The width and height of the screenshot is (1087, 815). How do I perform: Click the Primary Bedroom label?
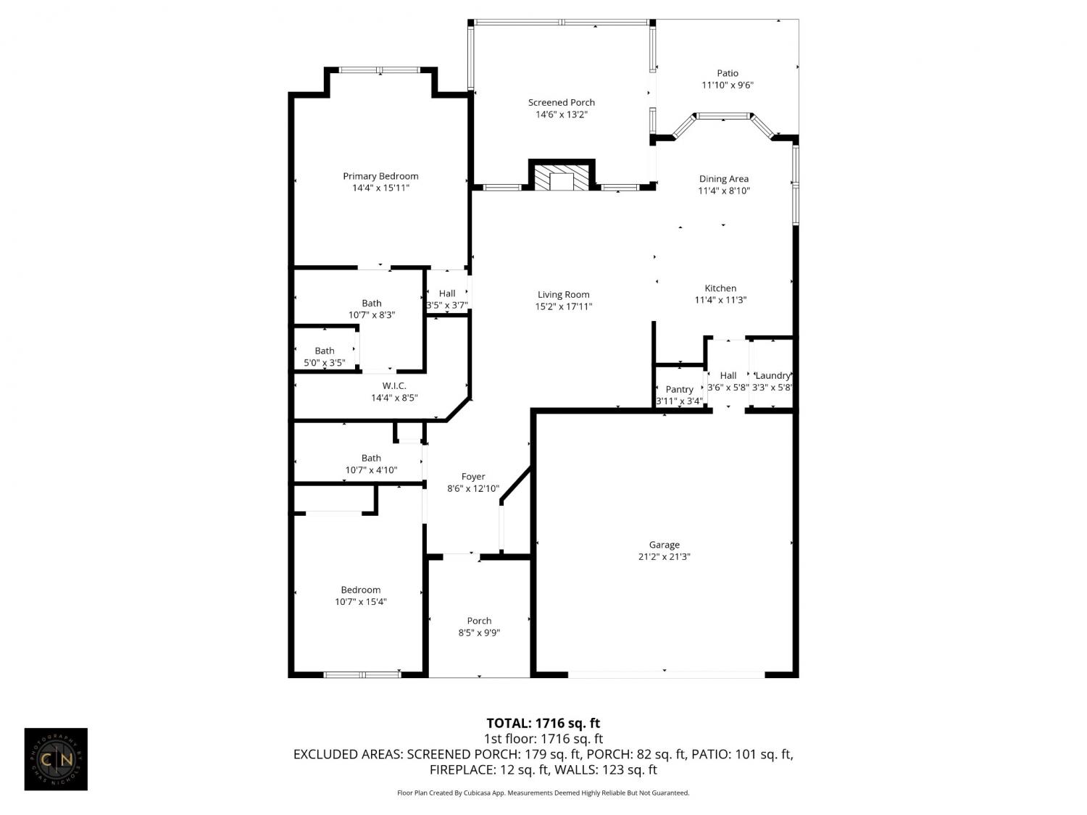coord(380,176)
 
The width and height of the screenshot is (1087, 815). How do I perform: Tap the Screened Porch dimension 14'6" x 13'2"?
coord(561,114)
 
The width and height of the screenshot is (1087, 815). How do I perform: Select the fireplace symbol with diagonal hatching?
coord(562,175)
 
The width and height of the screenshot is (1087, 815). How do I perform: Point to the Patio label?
coord(727,73)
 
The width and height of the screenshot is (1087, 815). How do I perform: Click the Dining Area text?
coord(723,179)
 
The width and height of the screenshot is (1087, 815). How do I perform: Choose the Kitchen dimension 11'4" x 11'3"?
coord(720,300)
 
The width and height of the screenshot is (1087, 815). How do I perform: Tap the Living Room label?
coord(563,294)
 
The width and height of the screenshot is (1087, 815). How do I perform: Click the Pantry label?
coord(679,390)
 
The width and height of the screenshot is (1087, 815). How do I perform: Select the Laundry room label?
coord(772,375)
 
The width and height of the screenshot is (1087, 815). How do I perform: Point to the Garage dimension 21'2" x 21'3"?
coord(664,556)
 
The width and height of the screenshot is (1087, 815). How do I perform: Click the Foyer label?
coord(472,477)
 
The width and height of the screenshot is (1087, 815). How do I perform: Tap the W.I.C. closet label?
coord(394,386)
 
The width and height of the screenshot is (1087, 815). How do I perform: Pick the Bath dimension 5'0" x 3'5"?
coord(324,363)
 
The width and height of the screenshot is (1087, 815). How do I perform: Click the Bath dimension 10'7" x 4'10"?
coord(371,470)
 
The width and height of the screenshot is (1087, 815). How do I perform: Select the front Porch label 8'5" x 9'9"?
coord(479,627)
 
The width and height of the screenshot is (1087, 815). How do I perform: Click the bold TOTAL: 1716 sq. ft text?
coord(543,724)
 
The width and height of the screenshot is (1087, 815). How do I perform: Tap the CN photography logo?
coord(56,759)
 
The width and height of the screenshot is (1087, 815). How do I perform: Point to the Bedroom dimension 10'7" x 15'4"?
coord(360,602)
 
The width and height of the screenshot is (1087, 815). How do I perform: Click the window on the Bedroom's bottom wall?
coord(362,674)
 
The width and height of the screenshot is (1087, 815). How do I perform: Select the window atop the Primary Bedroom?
coord(380,70)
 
